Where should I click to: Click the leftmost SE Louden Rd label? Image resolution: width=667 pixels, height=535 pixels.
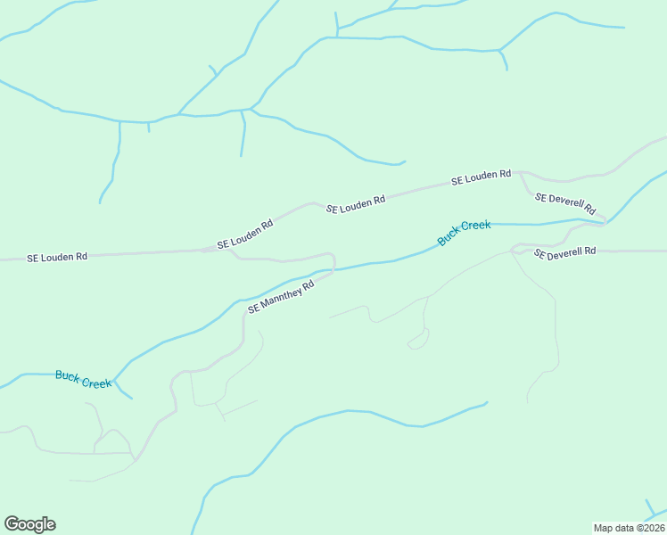pyautogui.click(x=57, y=257)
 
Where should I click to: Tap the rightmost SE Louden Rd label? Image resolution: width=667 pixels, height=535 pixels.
pyautogui.click(x=481, y=178)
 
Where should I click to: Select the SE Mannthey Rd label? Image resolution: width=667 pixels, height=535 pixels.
pyautogui.click(x=281, y=297)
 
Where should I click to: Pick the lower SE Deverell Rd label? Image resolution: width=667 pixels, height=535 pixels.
pyautogui.click(x=564, y=253)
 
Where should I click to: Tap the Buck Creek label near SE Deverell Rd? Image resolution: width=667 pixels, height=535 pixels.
pyautogui.click(x=464, y=233)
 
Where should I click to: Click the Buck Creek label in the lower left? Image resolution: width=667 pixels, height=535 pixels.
pyautogui.click(x=83, y=379)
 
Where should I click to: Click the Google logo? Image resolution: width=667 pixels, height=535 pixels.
pyautogui.click(x=29, y=524)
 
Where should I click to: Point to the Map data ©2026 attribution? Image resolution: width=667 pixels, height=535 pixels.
pyautogui.click(x=629, y=528)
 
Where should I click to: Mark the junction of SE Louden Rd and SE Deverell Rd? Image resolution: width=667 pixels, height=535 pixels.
pyautogui.click(x=520, y=173)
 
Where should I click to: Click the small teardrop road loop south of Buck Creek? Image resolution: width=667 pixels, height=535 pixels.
pyautogui.click(x=417, y=341)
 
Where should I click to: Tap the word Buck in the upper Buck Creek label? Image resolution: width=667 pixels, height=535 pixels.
pyautogui.click(x=448, y=238)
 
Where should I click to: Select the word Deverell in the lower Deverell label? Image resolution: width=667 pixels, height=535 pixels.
pyautogui.click(x=566, y=253)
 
